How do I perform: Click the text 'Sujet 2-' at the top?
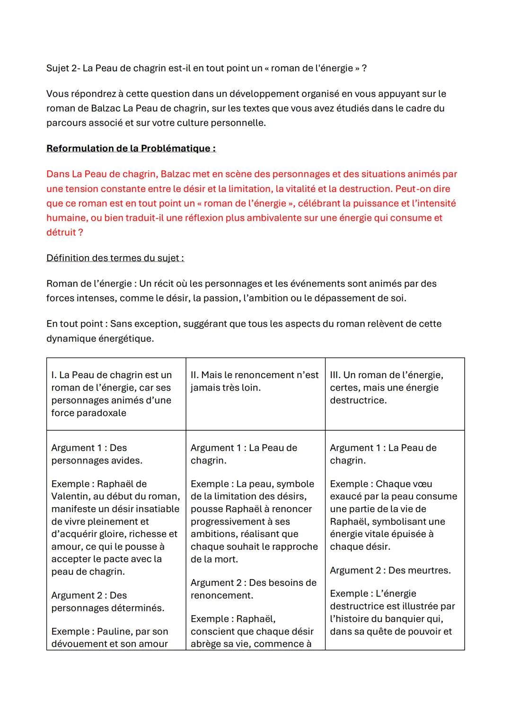point(62,68)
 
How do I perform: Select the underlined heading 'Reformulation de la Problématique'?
point(131,148)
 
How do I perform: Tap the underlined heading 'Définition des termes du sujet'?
point(115,258)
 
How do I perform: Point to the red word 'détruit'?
point(61,233)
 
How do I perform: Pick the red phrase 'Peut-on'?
point(413,189)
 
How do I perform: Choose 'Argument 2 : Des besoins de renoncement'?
point(253,589)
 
